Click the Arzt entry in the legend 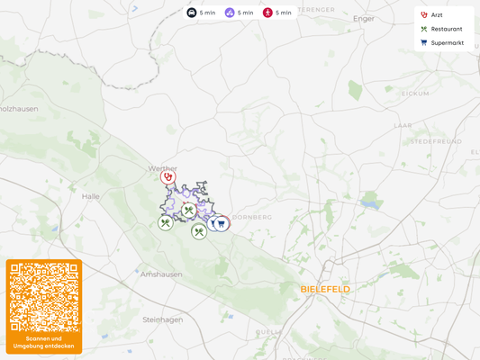pyautogui.click(x=437, y=15)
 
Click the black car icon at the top pyautogui.click(x=192, y=13)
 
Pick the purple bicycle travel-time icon pyautogui.click(x=230, y=13)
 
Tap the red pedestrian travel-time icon pyautogui.click(x=267, y=13)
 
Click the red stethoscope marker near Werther pyautogui.click(x=168, y=177)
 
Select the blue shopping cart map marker pyautogui.click(x=221, y=223)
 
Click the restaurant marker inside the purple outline pyautogui.click(x=188, y=211)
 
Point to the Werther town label pyautogui.click(x=163, y=168)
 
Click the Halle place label pyautogui.click(x=91, y=195)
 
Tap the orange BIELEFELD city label pyautogui.click(x=325, y=289)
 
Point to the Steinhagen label pyautogui.click(x=162, y=319)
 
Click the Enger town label pyautogui.click(x=364, y=18)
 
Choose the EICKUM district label pyautogui.click(x=416, y=94)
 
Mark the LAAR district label pyautogui.click(x=403, y=126)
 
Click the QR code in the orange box pyautogui.click(x=44, y=297)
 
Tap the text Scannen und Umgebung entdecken pyautogui.click(x=44, y=342)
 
